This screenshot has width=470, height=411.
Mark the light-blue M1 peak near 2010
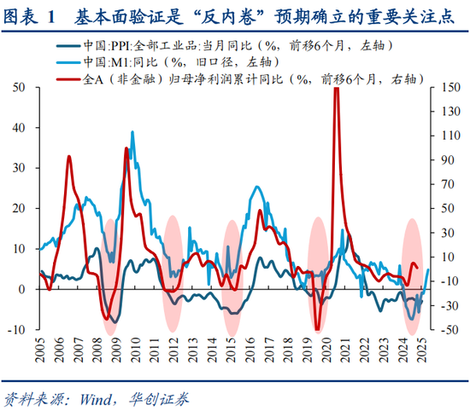click(132, 133)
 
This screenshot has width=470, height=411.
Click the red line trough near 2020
click(317, 327)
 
